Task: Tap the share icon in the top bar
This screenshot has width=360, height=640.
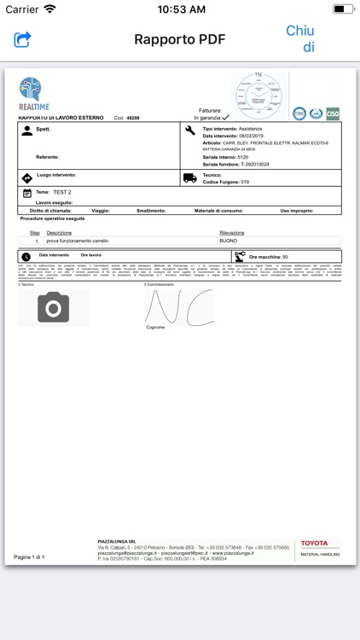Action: [22, 39]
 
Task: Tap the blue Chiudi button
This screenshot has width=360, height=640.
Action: [300, 38]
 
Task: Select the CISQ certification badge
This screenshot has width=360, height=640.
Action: [332, 113]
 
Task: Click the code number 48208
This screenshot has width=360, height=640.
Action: [127, 118]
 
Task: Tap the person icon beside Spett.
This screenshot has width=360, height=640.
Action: [27, 131]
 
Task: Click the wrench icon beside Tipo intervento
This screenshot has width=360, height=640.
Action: [189, 130]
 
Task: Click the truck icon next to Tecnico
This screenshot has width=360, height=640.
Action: [189, 177]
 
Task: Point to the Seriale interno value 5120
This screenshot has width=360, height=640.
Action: [243, 157]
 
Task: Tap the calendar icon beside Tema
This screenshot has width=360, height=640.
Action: [27, 194]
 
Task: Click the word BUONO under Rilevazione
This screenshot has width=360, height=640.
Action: [229, 241]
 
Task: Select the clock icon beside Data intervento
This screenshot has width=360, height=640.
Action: [26, 256]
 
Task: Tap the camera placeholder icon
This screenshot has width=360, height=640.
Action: [53, 307]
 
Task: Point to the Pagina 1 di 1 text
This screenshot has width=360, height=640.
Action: [30, 556]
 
